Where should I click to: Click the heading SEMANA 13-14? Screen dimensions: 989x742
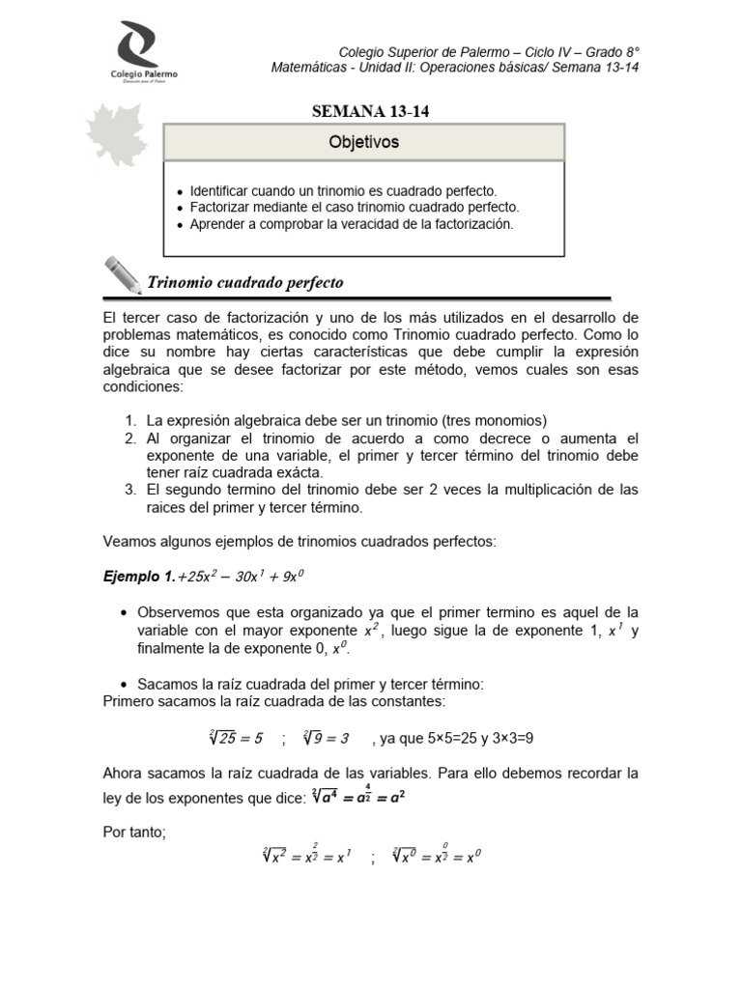pyautogui.click(x=371, y=111)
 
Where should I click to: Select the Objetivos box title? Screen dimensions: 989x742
pyautogui.click(x=363, y=143)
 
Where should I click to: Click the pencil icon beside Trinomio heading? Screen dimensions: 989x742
pyautogui.click(x=122, y=274)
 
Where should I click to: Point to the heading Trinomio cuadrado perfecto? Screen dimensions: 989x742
pyautogui.click(x=244, y=283)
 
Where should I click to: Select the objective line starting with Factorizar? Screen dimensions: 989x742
pyautogui.click(x=355, y=208)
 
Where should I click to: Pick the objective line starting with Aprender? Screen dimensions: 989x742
pyautogui.click(x=352, y=223)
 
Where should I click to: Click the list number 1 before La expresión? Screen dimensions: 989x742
pyautogui.click(x=130, y=420)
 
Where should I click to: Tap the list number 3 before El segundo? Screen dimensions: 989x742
pyautogui.click(x=130, y=490)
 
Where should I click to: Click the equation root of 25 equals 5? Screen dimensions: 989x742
pyautogui.click(x=235, y=739)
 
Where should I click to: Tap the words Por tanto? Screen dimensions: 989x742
pyautogui.click(x=134, y=833)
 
